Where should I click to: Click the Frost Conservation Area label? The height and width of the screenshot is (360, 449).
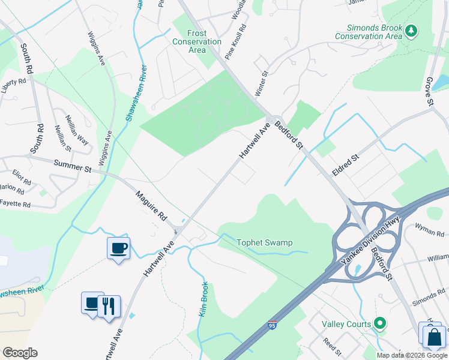tap(197, 41)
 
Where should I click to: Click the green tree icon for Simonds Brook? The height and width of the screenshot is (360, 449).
tap(411, 30)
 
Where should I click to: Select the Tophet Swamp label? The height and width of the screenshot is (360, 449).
tap(265, 242)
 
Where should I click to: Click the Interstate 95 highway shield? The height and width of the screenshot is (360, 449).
tap(272, 326)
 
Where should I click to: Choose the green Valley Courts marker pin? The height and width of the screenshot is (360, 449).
tap(379, 323)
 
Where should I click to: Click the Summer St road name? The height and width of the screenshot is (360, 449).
tap(72, 166)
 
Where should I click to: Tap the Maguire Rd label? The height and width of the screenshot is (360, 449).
tap(151, 204)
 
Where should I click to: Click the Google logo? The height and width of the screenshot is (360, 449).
tap(20, 352)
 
